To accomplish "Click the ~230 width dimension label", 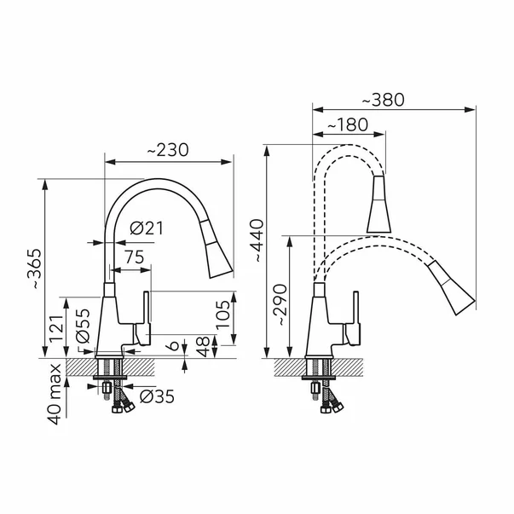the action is click(168, 150).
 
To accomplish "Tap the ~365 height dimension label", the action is click(35, 269).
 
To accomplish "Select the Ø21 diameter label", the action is click(147, 228).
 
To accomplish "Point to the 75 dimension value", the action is click(134, 257).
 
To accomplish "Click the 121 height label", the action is click(55, 328).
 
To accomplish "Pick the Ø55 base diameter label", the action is click(82, 326).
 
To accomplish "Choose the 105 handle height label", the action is click(223, 315).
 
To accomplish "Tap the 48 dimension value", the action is click(204, 346).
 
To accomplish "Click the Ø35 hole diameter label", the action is click(157, 397).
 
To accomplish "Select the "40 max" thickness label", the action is click(55, 394).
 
